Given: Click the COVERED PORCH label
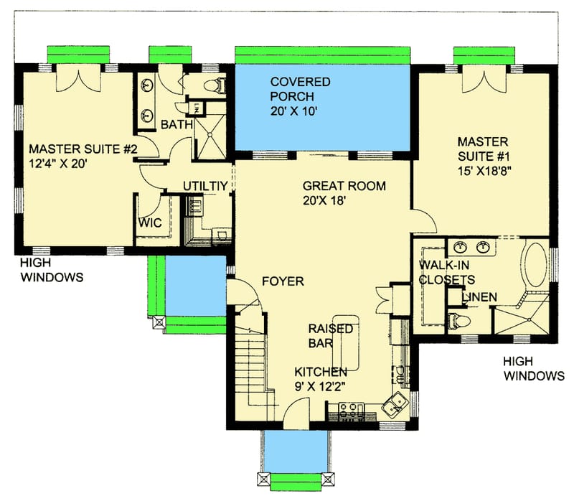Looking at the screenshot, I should tap(300, 90).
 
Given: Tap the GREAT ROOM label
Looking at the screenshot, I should tap(344, 186).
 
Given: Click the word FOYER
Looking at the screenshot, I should tap(283, 281).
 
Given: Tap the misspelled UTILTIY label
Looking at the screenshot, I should tap(205, 186).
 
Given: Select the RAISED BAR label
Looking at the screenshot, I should tap(331, 336).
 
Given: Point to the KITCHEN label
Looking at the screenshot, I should tap(321, 372).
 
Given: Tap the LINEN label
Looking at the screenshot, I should tap(479, 296).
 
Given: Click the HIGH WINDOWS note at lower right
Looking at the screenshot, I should tap(532, 368).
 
